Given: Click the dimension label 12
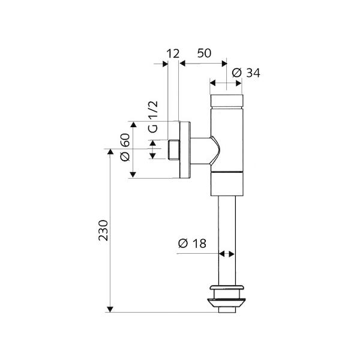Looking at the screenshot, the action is pos(173,53).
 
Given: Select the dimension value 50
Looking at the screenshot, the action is pos(204,53).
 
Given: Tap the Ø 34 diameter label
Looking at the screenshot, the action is pos(246,73).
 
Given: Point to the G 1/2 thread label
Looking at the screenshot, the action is pos(153,117).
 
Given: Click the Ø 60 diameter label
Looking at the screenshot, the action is pos(125,148).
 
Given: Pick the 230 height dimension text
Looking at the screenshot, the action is pos(103,230).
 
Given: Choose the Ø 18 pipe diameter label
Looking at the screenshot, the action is pos(192,244).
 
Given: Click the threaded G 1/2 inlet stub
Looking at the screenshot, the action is pos(174,150).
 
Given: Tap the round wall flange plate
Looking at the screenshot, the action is pos(185,150).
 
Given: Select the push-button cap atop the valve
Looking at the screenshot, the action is pos(226,101).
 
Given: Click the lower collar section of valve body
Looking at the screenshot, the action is pos(227,184).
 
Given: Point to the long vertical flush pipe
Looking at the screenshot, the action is pos(227,241).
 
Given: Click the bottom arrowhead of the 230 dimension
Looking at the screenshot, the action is pos(110,309).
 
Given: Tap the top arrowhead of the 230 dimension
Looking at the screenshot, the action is pos(110,152).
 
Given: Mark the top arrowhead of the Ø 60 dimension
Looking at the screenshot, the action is pos(133,124).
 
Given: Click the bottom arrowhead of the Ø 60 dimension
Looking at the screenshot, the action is pos(133,175).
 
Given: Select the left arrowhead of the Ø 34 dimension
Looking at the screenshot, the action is pos(213,83).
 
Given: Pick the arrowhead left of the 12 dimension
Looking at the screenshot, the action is pos(165,64).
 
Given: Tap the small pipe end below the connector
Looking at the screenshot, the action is pos(227,310).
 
